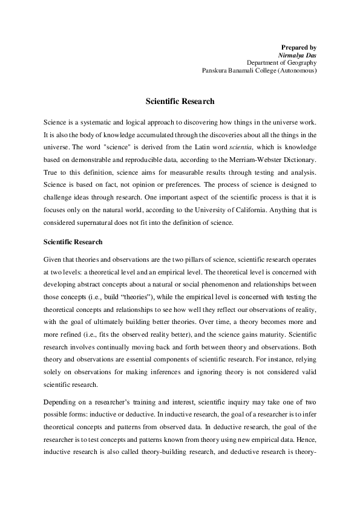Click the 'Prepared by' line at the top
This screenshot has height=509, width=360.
pyautogui.click(x=299, y=47)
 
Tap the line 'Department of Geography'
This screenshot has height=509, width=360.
pyautogui.click(x=281, y=62)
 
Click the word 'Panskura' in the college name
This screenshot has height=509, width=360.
pyautogui.click(x=216, y=70)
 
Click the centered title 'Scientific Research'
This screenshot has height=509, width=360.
pyautogui.click(x=180, y=102)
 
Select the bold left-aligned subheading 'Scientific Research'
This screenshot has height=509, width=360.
pyautogui.click(x=73, y=242)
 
